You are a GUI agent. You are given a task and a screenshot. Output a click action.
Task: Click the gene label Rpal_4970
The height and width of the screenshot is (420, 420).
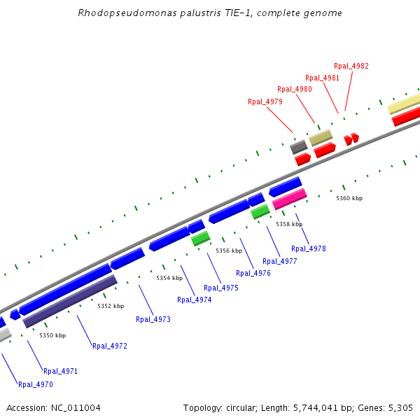point(36,384)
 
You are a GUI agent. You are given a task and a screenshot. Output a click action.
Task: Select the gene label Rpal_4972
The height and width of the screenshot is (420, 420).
point(110,346)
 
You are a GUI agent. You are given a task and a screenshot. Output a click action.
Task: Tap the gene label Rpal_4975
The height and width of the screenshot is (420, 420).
point(221,288)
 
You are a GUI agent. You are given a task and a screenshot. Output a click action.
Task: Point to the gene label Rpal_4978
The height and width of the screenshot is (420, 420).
point(309,248)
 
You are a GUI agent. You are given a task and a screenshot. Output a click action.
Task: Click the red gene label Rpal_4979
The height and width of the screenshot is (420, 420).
point(265,101)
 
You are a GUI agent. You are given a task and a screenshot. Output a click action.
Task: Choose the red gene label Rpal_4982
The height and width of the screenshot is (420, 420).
point(351,66)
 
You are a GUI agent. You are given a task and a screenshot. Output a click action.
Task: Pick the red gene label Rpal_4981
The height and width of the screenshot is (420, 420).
point(322,78)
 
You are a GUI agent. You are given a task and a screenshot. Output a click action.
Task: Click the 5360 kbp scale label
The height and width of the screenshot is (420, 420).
point(349,199)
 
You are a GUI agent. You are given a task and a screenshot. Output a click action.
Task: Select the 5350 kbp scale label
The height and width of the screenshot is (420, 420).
point(52,336)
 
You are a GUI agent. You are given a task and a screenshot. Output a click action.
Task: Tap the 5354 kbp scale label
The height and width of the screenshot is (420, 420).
point(169,278)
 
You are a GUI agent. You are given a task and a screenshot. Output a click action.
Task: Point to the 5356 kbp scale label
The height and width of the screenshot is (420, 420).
point(229,251)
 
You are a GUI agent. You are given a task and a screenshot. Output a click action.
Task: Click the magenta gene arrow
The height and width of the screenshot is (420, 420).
point(288,199)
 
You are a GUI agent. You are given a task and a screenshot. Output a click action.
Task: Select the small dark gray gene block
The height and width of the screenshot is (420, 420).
point(298,147)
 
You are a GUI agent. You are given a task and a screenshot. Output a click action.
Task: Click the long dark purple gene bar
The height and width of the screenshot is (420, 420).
point(70,302)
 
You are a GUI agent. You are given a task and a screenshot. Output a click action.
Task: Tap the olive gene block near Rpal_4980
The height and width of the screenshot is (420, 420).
point(321,137)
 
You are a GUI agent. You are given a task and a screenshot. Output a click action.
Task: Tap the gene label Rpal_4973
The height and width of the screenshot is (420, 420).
point(153,319)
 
